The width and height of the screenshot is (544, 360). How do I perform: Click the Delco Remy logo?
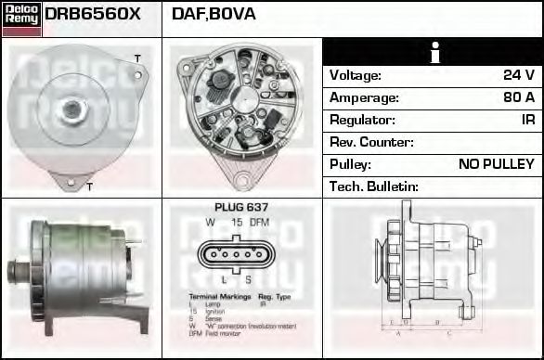tap(21, 19)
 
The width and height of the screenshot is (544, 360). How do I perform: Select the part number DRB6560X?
tap(93, 14)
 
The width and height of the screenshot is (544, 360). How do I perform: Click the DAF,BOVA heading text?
tap(214, 14)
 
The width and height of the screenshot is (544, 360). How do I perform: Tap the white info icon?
tap(434, 53)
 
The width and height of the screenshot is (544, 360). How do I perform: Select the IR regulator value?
tap(527, 120)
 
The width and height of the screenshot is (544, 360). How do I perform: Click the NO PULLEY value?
tap(497, 164)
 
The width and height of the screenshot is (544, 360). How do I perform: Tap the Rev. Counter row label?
tap(371, 142)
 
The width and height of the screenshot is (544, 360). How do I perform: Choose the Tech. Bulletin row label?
tap(374, 186)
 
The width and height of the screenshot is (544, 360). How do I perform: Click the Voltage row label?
tap(356, 75)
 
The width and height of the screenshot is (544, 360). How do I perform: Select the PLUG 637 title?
tap(241, 207)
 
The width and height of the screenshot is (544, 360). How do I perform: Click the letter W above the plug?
tap(211, 223)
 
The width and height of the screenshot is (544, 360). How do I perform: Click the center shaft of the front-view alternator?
tap(71, 109)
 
